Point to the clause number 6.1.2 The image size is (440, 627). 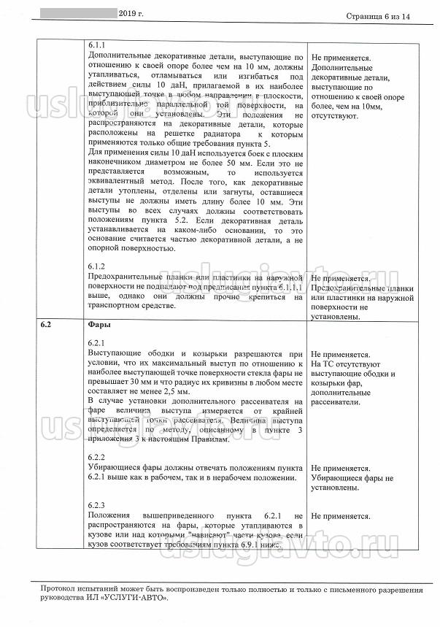[x=96, y=266]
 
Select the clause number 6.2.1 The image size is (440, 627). [x=96, y=342]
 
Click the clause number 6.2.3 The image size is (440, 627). [x=96, y=505]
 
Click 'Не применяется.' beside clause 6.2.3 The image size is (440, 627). [x=341, y=516]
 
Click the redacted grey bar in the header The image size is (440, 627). [x=73, y=13]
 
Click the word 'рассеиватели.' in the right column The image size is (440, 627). [x=339, y=402]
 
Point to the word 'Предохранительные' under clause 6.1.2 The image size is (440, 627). [x=126, y=278]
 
